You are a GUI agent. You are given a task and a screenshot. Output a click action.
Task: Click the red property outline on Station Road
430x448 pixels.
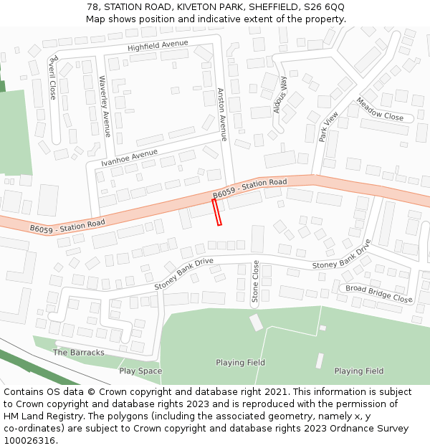(x=216, y=212)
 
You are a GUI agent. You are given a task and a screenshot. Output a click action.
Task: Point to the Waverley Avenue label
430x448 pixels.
(x=104, y=106)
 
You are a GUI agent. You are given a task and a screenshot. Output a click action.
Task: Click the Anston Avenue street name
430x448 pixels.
(x=222, y=114)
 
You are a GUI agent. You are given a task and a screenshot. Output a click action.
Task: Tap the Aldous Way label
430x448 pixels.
(x=280, y=94)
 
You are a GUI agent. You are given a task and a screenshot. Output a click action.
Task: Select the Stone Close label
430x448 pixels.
(x=255, y=282)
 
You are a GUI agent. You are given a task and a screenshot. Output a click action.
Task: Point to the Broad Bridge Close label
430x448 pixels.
(x=379, y=293)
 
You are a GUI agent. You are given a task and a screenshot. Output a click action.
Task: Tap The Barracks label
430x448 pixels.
(x=79, y=353)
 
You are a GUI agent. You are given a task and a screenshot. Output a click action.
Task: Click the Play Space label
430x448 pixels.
(x=140, y=371)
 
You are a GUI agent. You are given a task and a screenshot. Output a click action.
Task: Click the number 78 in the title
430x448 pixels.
(x=92, y=7)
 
